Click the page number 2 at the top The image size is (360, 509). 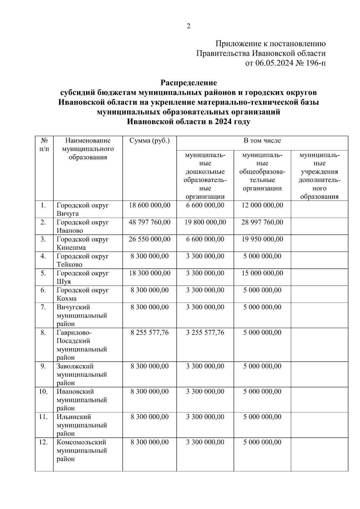tap(188, 26)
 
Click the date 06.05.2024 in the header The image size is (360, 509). tap(274, 63)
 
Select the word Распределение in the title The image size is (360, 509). tap(188, 82)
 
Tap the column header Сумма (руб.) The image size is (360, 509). tap(149, 141)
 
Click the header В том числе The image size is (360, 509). tap(262, 140)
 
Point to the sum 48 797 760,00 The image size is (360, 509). tap(149, 222)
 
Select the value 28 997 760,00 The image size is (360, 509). tap(262, 222)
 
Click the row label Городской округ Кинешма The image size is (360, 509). tap(82, 243)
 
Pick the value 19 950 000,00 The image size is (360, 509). tap(262, 239)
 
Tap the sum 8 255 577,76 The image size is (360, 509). tap(149, 332)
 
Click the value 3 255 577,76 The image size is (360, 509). tap(205, 332)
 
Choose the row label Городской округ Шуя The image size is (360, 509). tap(82, 277)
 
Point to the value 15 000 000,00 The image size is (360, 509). tap(262, 273)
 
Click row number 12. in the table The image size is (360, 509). tap(43, 442)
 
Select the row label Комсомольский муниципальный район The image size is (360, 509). tap(82, 451)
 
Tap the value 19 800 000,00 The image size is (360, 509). tap(205, 222)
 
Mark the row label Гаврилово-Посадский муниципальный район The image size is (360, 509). tap(82, 345)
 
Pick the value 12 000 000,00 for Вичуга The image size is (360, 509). tap(262, 205)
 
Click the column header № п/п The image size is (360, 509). tap(44, 145)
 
